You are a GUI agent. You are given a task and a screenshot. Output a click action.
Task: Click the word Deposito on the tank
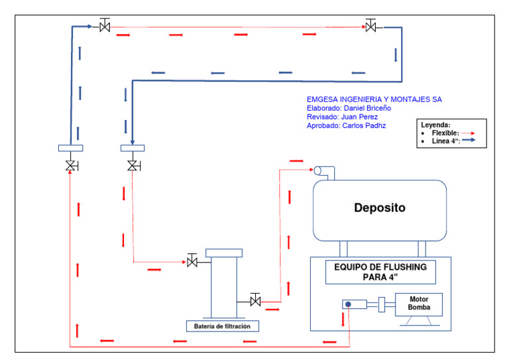379,208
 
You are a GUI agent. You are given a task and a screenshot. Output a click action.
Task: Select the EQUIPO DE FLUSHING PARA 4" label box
380,272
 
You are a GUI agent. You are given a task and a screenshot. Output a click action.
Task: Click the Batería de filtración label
222,326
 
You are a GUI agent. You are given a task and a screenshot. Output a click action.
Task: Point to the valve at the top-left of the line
105,27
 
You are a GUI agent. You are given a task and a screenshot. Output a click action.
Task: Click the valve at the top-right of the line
371,27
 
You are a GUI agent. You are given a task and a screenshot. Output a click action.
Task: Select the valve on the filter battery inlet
192,262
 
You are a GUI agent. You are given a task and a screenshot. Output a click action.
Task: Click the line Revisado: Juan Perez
342,117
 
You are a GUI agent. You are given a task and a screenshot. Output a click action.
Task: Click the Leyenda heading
435,125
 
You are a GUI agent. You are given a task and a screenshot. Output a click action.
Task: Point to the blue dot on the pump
348,304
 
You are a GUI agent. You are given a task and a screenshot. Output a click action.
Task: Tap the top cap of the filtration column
224,253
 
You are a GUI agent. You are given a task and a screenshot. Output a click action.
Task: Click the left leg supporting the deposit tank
343,249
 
